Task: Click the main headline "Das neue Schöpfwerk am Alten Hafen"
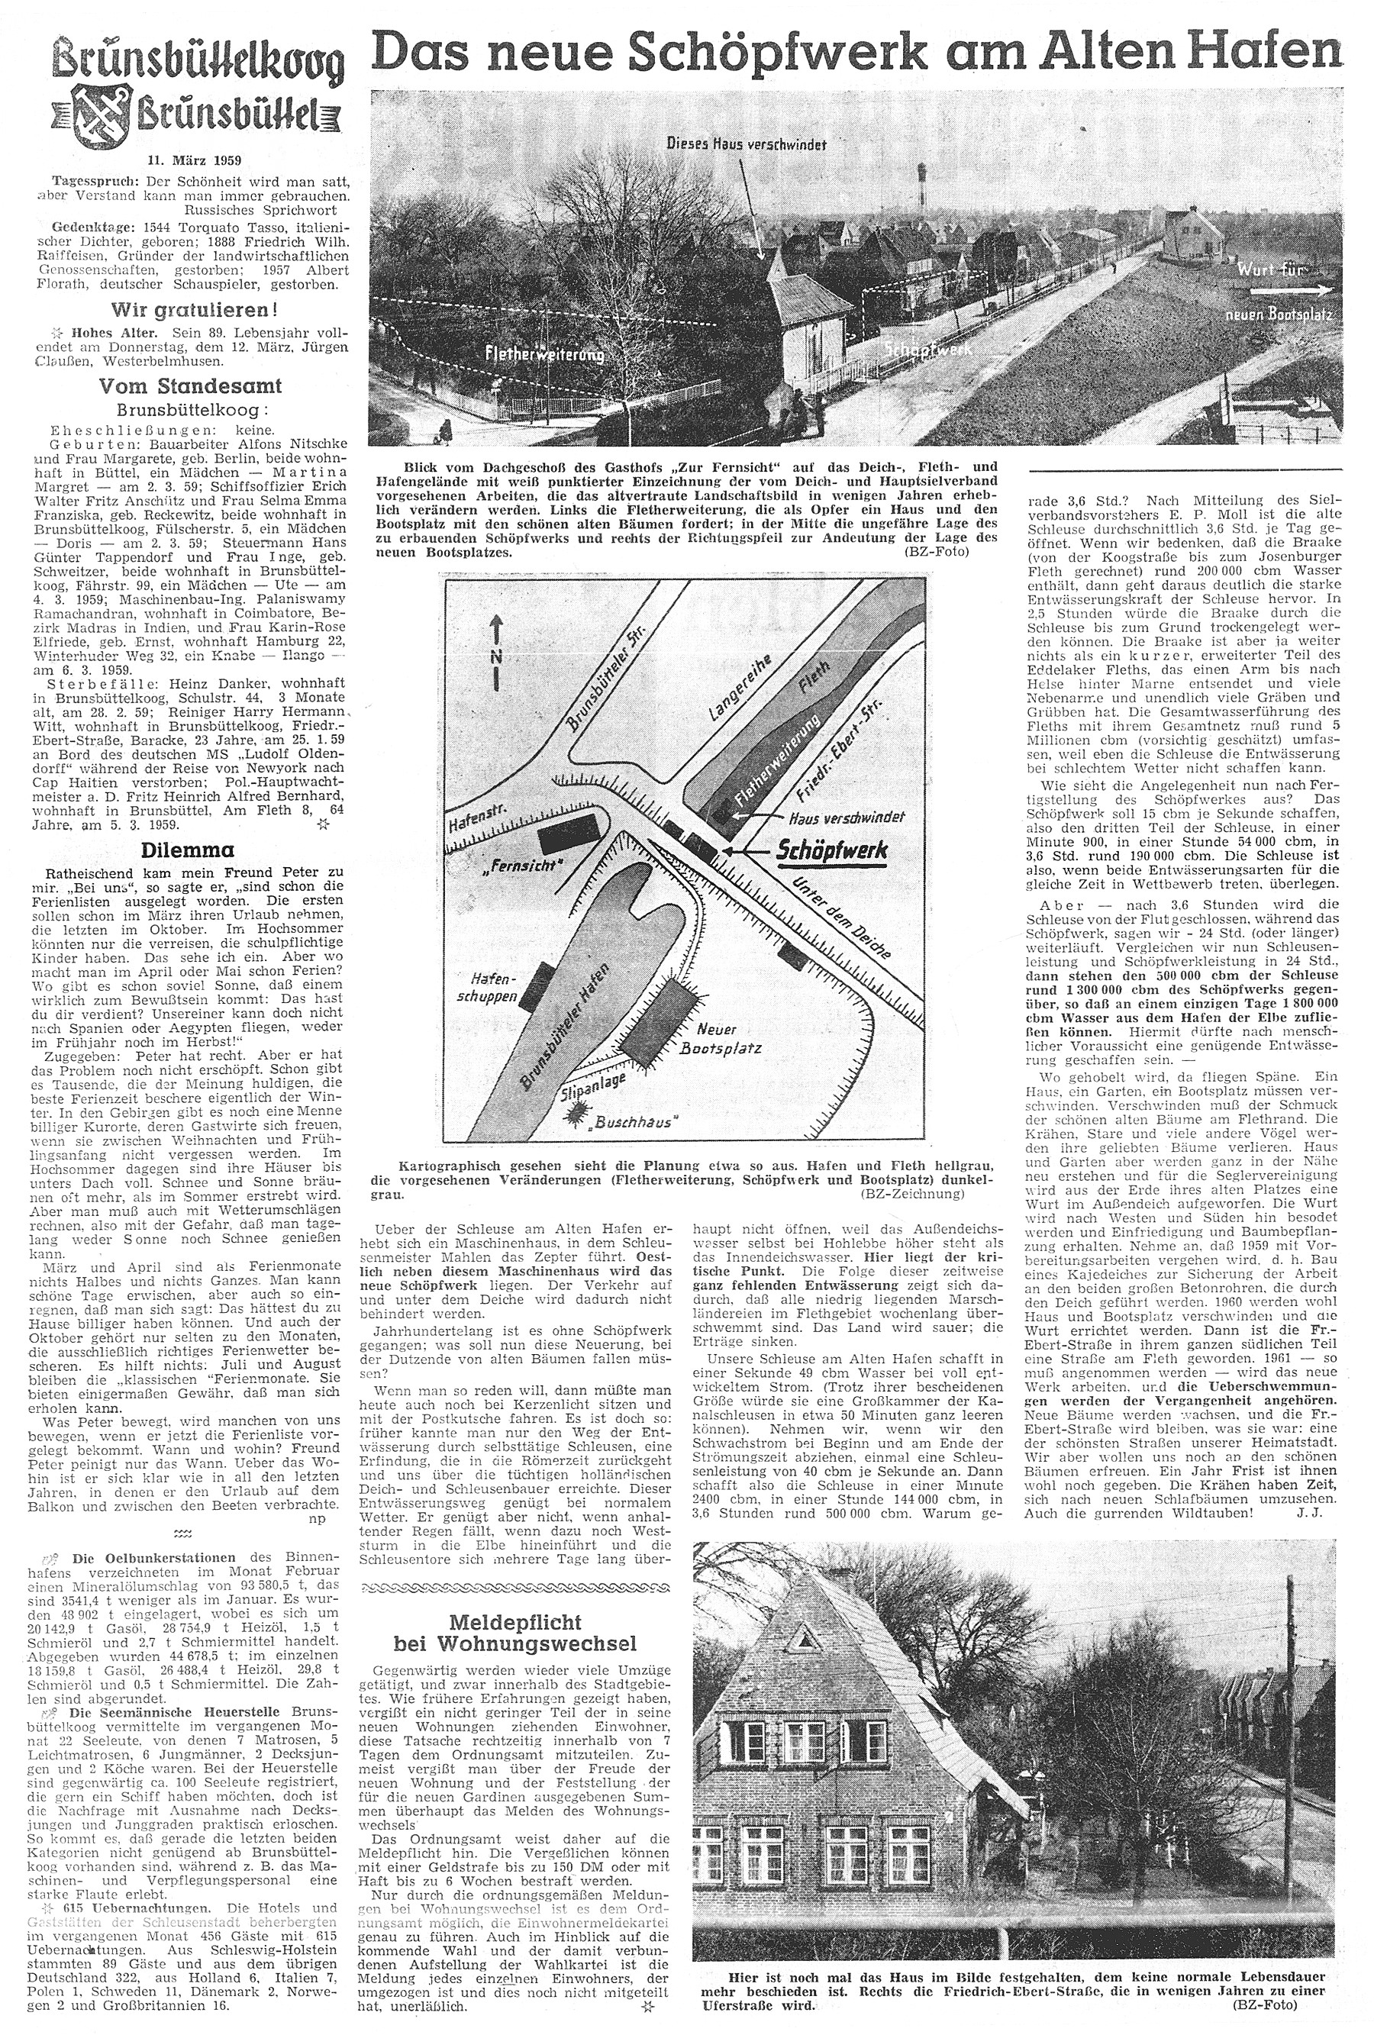point(856,54)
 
